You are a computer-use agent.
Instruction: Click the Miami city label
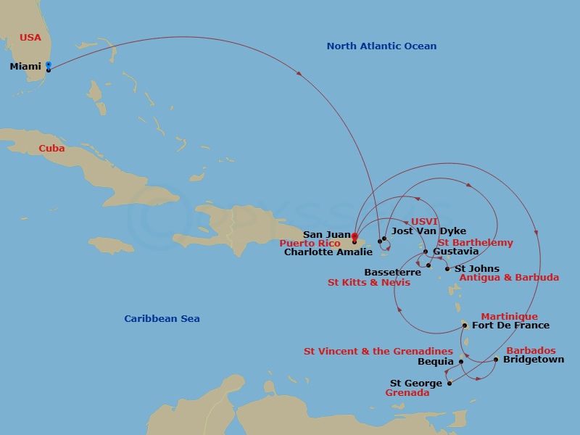tap(25, 67)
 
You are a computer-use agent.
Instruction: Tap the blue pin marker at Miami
tap(48, 65)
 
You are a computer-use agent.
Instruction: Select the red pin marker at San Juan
tap(354, 236)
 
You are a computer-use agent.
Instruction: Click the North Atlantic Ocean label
tap(381, 46)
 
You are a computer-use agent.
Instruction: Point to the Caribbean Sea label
tap(162, 319)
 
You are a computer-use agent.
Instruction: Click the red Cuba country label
tap(51, 149)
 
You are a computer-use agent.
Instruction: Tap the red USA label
tap(30, 37)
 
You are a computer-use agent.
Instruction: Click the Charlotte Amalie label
tap(328, 252)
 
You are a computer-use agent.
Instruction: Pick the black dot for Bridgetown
tap(496, 360)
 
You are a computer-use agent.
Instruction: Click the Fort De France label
tap(510, 326)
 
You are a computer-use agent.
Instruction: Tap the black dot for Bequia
tap(461, 361)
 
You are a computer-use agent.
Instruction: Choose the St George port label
tap(415, 384)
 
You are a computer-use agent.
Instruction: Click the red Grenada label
tap(407, 393)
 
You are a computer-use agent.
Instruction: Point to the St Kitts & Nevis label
tap(368, 282)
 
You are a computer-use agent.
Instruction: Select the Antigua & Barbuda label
tap(509, 278)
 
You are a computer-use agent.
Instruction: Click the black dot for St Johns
tap(447, 269)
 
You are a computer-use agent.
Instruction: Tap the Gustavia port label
tap(455, 252)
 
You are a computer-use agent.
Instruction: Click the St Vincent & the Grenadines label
tap(378, 352)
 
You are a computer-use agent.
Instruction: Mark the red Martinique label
tap(509, 317)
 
